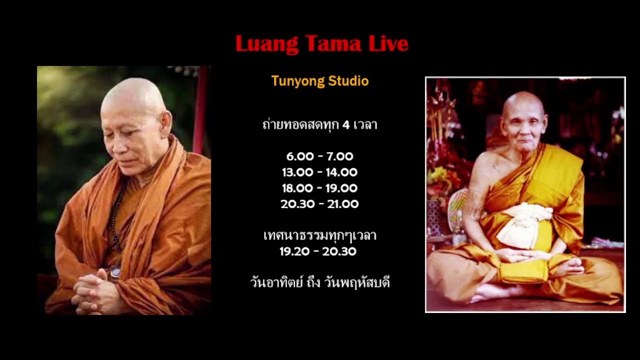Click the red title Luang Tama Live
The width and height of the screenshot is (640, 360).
point(321,44)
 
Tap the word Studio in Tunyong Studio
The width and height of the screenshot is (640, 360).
point(348,81)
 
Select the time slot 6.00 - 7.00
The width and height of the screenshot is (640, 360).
point(320,156)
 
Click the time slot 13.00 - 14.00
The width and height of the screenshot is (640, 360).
point(320,172)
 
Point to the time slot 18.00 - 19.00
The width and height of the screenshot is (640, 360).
point(320,188)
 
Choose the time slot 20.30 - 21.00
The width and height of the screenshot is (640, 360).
point(320,204)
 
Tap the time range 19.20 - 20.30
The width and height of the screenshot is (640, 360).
point(318,251)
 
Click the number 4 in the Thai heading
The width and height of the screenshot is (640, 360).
point(345,125)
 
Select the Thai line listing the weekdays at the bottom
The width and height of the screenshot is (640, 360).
point(320,283)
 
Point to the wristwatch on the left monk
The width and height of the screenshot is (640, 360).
point(114,273)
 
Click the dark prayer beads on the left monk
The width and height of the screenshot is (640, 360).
point(116,220)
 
